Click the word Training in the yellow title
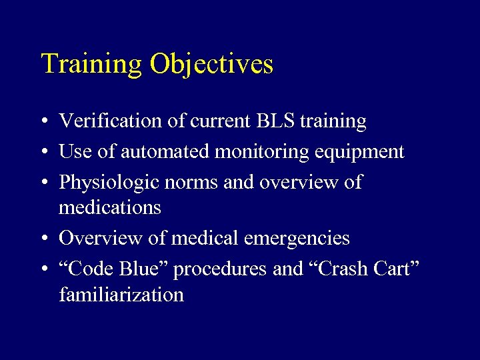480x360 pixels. [x=92, y=65]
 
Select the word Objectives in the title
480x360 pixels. [x=211, y=65]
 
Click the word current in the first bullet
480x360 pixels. [x=218, y=121]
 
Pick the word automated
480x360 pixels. [x=160, y=152]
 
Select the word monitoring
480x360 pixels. [x=261, y=152]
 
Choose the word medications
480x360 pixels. [x=110, y=207]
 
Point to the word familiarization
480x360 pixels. [x=121, y=294]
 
